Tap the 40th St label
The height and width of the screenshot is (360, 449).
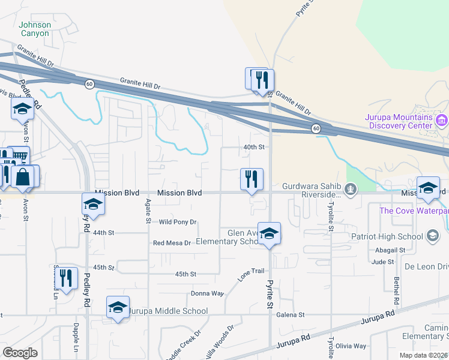tap(254, 147)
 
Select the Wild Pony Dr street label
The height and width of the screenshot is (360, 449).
tap(178, 222)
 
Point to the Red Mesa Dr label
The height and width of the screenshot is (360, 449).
tap(172, 243)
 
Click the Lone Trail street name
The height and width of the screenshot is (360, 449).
tap(252, 272)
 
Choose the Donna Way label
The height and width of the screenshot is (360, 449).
tap(207, 293)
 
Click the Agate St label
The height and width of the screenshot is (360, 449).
tap(148, 212)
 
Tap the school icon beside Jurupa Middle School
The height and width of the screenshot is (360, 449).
tap(118, 307)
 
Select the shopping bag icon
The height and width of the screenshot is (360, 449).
tap(22, 176)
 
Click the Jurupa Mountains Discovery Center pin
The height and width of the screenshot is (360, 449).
tap(442, 121)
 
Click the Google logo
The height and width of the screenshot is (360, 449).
tap(20, 353)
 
